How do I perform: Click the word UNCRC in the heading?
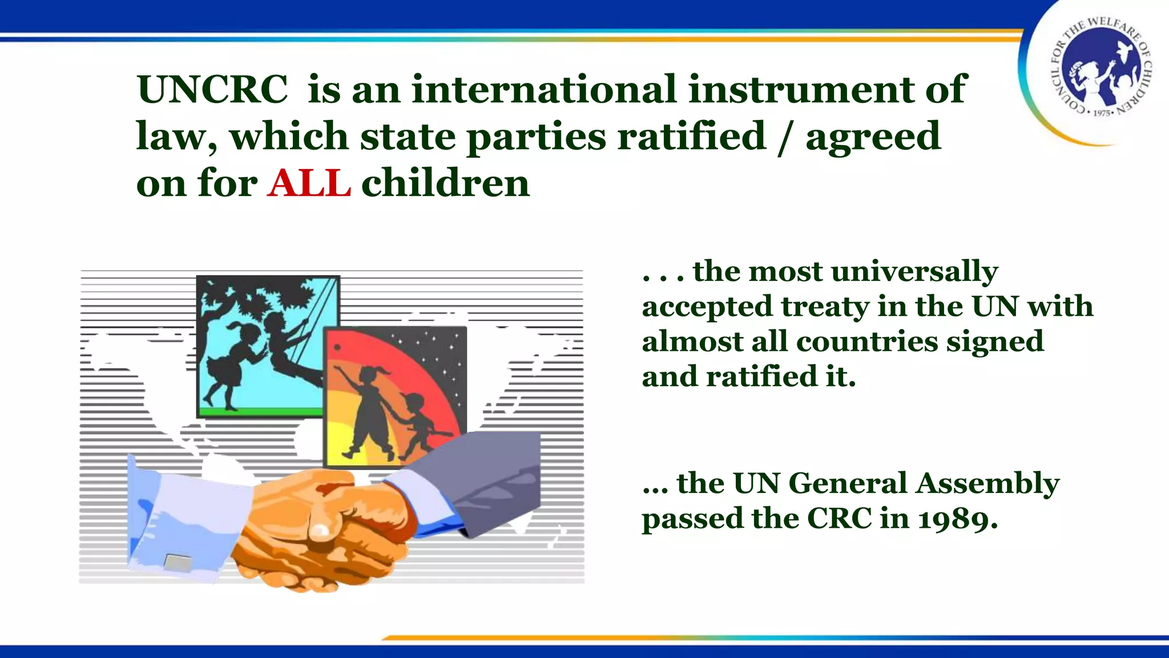(212, 90)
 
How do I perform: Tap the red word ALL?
(308, 183)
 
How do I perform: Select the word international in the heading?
(544, 90)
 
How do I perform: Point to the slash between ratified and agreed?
(785, 137)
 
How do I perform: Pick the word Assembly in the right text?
(987, 483)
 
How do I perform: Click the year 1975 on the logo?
(1101, 113)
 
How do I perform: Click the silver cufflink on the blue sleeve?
(178, 563)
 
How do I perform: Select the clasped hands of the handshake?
(331, 525)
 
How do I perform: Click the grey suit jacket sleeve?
(485, 474)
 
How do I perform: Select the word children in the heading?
(445, 183)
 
